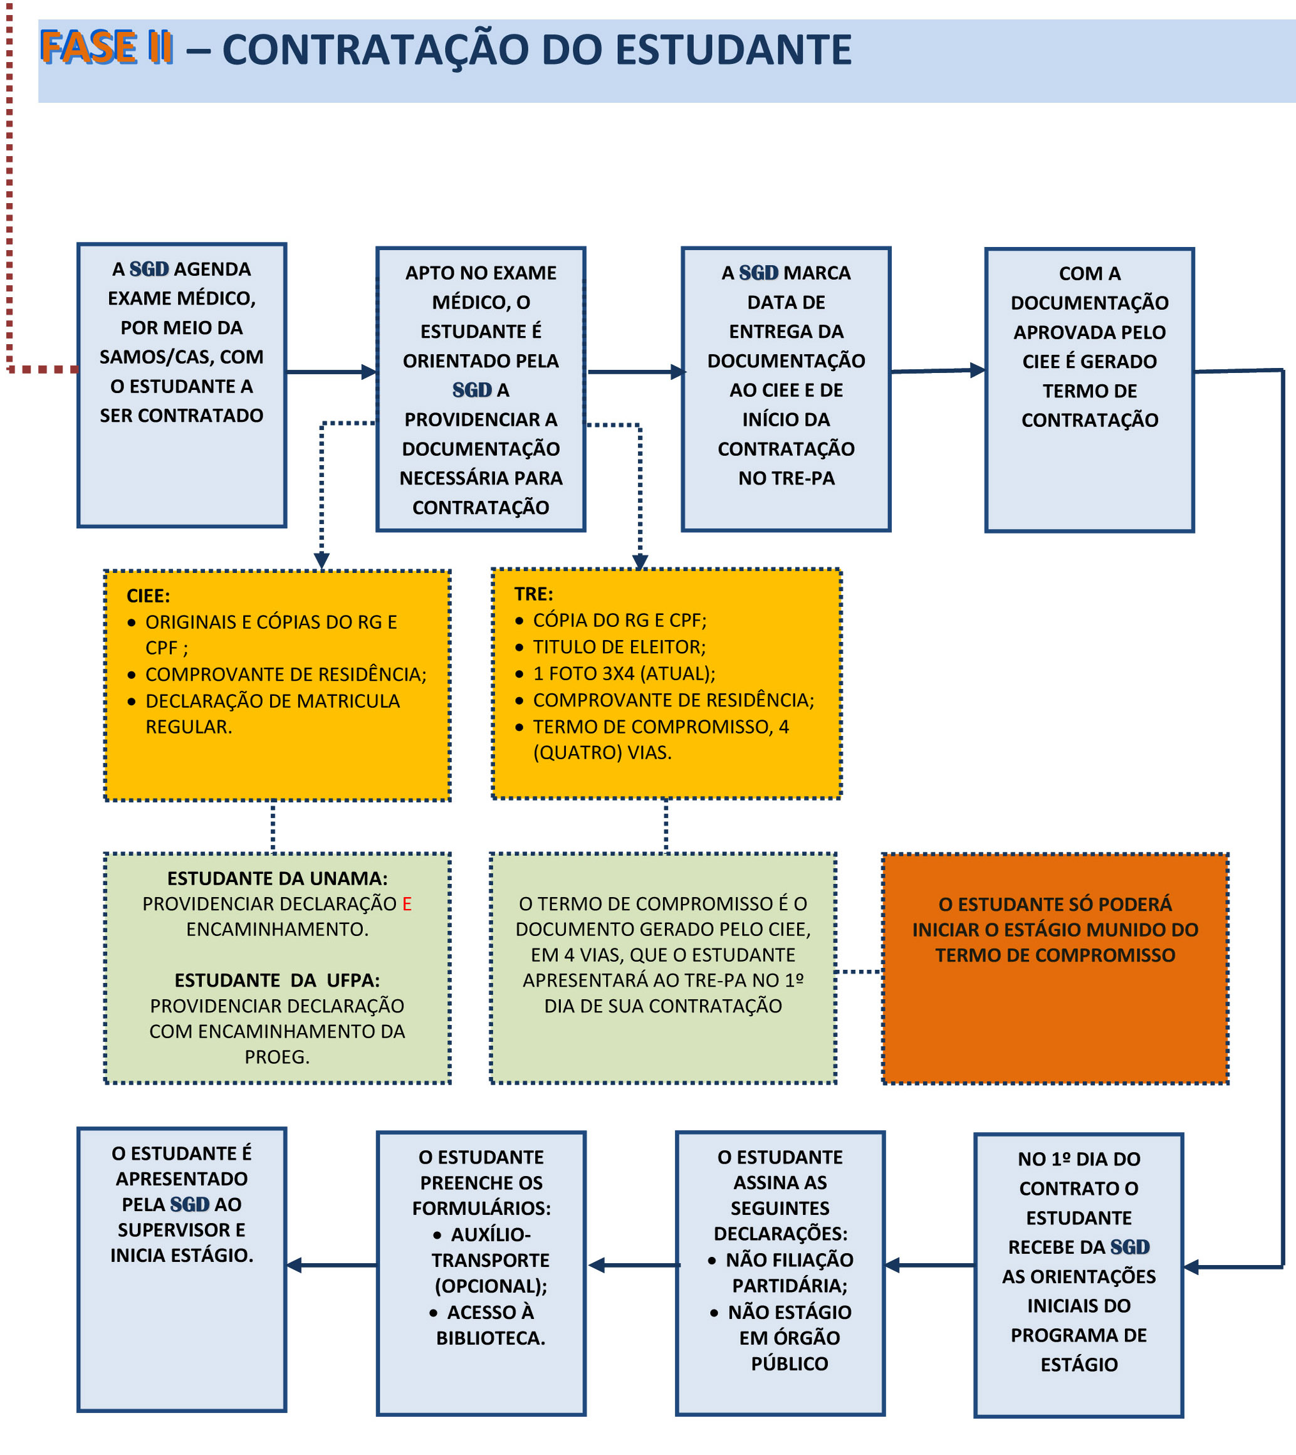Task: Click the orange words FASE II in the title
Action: tap(106, 48)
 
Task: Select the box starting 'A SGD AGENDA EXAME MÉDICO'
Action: tap(182, 386)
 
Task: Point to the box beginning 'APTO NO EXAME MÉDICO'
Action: tap(481, 389)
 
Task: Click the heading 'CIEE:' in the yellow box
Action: tap(148, 596)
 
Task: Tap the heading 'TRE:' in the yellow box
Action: tap(534, 594)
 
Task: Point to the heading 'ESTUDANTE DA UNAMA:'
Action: tap(278, 878)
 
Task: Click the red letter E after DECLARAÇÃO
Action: tap(407, 904)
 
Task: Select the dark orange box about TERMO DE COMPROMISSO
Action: tap(1055, 969)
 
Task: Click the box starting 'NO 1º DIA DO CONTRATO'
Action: tap(1079, 1275)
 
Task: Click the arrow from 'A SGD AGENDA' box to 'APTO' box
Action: tap(331, 372)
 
